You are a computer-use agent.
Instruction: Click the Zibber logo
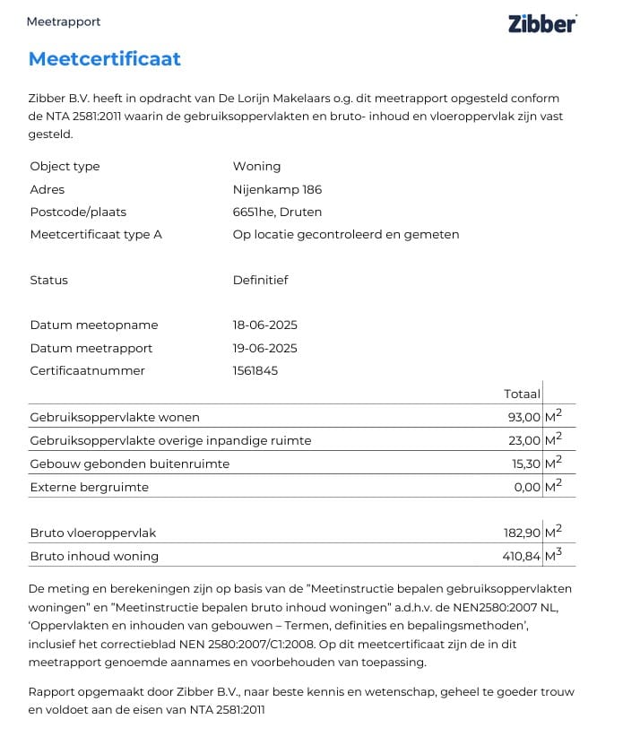542,23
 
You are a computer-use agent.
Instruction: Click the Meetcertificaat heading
105,59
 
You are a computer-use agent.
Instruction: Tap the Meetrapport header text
64,22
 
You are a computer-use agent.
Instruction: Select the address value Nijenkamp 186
277,189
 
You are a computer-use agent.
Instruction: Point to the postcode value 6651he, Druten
277,212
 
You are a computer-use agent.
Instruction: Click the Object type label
65,166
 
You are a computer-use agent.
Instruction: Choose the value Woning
256,166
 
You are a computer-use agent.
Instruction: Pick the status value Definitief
260,280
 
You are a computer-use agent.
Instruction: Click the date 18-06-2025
264,325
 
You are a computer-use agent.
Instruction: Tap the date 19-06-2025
264,348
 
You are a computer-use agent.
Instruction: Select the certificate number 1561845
255,370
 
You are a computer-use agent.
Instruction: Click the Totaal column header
523,394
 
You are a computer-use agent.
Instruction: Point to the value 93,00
524,417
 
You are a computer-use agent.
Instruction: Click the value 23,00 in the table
524,440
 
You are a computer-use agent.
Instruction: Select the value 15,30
524,464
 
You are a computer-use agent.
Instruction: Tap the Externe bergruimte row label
90,487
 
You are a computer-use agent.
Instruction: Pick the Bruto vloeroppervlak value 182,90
522,533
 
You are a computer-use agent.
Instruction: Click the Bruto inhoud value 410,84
522,556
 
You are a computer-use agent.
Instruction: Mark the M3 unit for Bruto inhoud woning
553,555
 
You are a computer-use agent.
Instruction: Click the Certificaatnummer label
87,370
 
